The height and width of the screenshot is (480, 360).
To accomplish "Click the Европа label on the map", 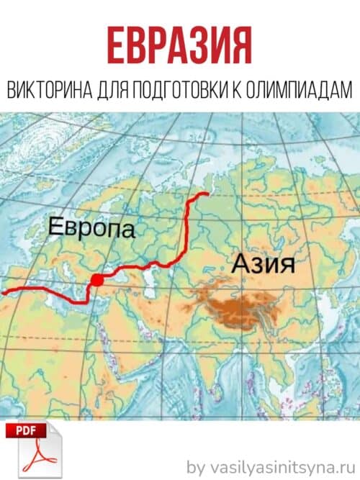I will (91, 230).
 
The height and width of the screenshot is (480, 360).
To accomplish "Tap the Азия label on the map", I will (264, 263).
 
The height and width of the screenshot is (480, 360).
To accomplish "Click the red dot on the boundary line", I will (96, 279).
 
